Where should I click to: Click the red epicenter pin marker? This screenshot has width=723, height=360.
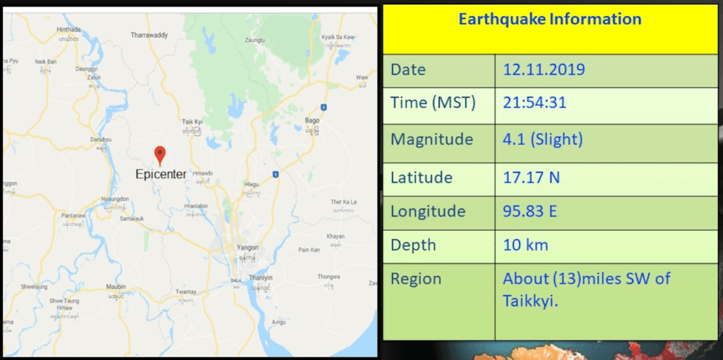(x=160, y=155)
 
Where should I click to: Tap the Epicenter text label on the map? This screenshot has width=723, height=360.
(x=161, y=174)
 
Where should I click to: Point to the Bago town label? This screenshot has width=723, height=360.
(x=312, y=121)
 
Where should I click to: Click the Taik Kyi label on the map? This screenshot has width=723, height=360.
(x=192, y=122)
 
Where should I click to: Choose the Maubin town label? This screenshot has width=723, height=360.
(x=116, y=287)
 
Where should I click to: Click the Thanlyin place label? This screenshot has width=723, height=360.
(x=261, y=278)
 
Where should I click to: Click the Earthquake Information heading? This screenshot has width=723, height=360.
(x=550, y=19)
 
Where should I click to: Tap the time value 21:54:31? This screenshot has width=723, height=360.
(x=534, y=103)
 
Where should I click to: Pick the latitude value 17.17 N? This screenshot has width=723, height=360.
(x=531, y=176)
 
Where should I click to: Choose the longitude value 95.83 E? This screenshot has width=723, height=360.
(x=530, y=211)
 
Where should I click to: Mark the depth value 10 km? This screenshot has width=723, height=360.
(x=525, y=245)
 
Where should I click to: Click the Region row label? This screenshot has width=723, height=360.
(x=416, y=279)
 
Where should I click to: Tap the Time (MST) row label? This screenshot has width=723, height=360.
(x=433, y=103)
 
